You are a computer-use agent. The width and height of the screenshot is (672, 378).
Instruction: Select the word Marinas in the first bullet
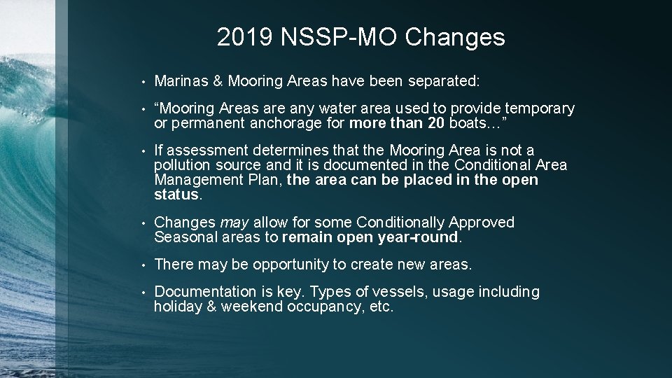(181, 81)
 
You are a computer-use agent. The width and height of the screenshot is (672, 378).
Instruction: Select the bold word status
(176, 195)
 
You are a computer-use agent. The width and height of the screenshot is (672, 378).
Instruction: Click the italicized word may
(234, 223)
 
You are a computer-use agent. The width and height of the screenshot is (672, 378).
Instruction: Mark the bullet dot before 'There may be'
(142, 265)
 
